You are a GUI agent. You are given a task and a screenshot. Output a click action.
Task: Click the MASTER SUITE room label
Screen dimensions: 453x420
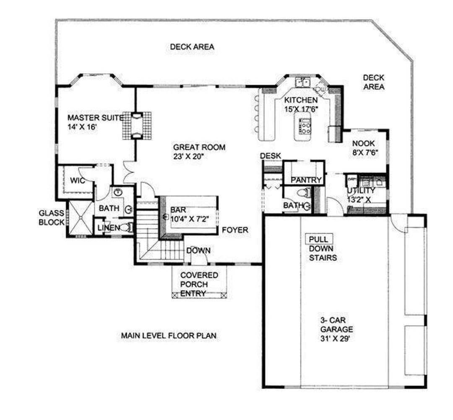pyautogui.click(x=96, y=118)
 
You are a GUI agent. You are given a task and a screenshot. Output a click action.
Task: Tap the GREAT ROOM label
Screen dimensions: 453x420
pyautogui.click(x=199, y=147)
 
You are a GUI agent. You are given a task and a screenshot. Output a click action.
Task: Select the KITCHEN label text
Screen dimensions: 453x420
pyautogui.click(x=301, y=100)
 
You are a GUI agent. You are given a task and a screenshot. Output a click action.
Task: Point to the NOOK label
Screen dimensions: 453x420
pyautogui.click(x=363, y=143)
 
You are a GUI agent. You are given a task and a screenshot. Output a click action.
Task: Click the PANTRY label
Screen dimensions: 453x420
pyautogui.click(x=306, y=180)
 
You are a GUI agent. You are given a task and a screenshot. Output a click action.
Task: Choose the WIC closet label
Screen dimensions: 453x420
pyautogui.click(x=78, y=181)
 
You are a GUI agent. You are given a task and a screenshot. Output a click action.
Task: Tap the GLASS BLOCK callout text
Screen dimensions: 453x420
pyautogui.click(x=52, y=218)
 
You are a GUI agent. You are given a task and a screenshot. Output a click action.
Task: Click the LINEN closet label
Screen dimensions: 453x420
pyautogui.click(x=109, y=228)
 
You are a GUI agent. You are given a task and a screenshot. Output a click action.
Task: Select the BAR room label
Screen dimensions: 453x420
pyautogui.click(x=178, y=210)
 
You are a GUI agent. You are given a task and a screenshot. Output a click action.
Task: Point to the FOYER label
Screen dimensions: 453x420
pyautogui.click(x=235, y=230)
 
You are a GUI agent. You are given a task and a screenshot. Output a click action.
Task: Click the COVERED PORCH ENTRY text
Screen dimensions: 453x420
pyautogui.click(x=199, y=284)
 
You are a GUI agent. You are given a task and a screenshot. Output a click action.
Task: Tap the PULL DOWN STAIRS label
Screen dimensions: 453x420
pyautogui.click(x=323, y=249)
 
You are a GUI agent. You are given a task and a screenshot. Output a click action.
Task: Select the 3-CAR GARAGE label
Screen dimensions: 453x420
pyautogui.click(x=336, y=325)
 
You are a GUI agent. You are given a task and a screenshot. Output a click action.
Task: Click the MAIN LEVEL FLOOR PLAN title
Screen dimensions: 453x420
pyautogui.click(x=169, y=336)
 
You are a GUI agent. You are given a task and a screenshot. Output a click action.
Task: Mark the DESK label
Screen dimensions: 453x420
pyautogui.click(x=271, y=156)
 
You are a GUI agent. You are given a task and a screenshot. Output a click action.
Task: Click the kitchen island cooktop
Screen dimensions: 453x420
pyautogui.click(x=305, y=127)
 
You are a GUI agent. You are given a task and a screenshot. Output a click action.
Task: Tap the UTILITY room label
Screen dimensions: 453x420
pyautogui.click(x=361, y=191)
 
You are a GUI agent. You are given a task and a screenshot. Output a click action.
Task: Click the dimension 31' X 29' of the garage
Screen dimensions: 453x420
pyautogui.click(x=335, y=338)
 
